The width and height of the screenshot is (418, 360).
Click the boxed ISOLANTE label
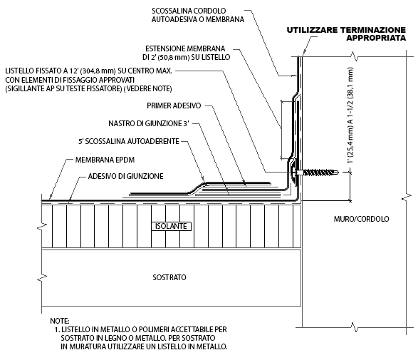171,226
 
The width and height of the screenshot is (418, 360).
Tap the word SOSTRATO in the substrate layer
169,277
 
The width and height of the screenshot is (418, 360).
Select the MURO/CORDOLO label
361,219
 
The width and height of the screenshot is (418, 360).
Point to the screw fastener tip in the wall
338,172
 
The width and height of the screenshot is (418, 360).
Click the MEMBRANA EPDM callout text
105,160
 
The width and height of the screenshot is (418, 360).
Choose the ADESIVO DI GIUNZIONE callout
125,176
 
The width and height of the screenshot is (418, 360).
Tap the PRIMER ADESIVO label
174,106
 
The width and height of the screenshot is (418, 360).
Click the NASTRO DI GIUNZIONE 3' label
149,123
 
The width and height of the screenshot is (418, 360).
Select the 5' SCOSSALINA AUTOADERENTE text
129,141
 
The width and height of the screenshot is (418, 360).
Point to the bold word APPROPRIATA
376,38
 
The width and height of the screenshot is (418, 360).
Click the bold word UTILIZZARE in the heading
312,30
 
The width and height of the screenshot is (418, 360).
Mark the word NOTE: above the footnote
60,321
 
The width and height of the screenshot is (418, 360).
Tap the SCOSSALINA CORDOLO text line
189,11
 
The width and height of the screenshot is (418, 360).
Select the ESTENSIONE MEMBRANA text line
185,48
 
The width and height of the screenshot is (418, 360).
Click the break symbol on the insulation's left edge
42,226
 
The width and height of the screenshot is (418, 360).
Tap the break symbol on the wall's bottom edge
354,327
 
